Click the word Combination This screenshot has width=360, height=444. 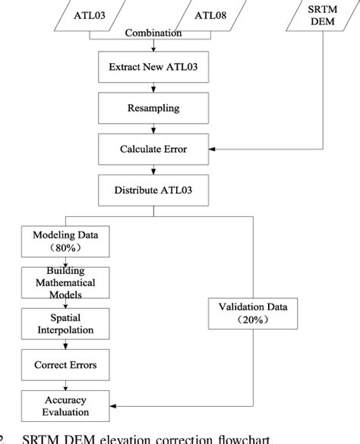tap(153, 33)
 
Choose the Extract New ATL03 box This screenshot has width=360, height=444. tap(153, 68)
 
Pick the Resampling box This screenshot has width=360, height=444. tap(153, 109)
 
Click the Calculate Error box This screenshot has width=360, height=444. tap(153, 150)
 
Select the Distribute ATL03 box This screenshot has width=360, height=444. tap(153, 190)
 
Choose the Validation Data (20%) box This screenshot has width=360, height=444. tap(253, 313)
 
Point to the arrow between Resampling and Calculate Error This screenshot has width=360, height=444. tap(153, 129)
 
